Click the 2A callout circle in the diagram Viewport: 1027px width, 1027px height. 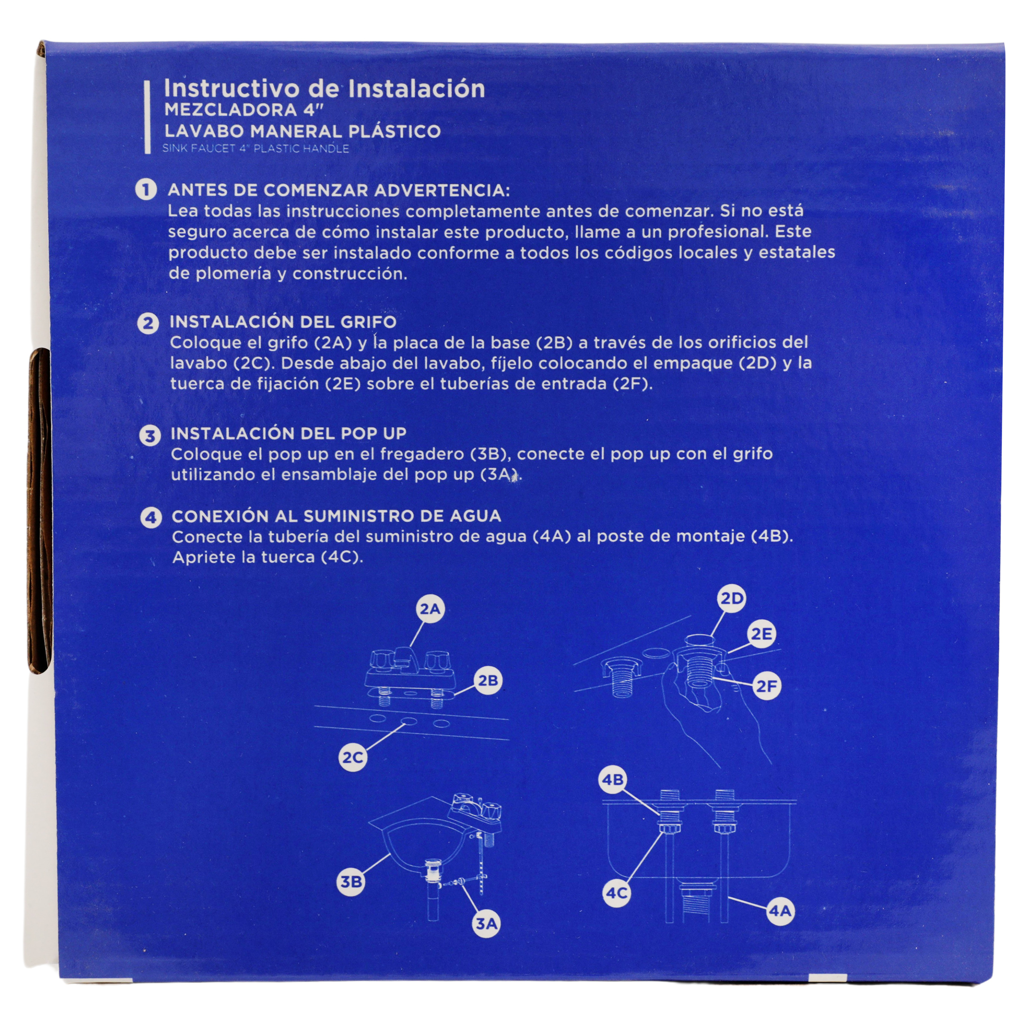pos(429,609)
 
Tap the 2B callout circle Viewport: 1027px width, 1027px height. pos(488,681)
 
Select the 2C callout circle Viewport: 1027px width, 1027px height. pos(352,758)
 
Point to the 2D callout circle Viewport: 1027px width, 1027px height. pos(731,598)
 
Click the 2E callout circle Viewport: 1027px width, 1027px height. pos(761,633)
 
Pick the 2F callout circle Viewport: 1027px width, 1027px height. pos(767,686)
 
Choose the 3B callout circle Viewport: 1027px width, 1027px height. pos(351,882)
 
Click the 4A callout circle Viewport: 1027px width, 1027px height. pos(780,911)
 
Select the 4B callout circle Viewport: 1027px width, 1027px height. pos(613,779)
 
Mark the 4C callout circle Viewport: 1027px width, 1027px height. pos(617,893)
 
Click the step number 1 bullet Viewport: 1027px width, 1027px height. pos(146,190)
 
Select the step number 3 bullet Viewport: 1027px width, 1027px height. pos(150,436)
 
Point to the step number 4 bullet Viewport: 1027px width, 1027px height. pos(151,518)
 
